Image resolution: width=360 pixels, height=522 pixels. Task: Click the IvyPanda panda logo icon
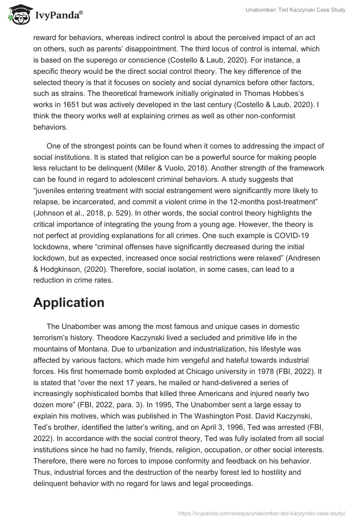18,15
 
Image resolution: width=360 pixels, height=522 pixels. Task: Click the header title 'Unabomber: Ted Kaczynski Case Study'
294,10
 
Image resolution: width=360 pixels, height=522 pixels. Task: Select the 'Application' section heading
68,302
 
